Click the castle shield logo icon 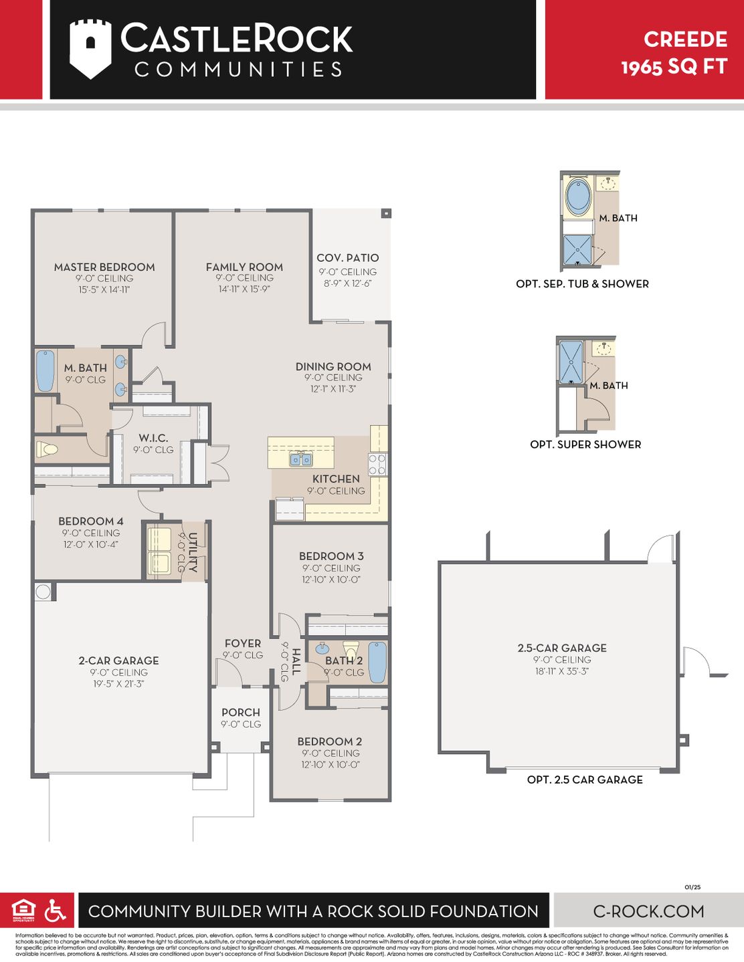(x=90, y=49)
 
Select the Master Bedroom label (x=104, y=267)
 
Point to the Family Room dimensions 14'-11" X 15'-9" (x=244, y=289)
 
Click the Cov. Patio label (x=347, y=258)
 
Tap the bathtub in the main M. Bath (x=45, y=371)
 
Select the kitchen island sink (x=300, y=459)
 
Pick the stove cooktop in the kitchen (x=377, y=464)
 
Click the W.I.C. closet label (x=153, y=438)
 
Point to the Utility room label (x=193, y=552)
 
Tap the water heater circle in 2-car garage (x=43, y=592)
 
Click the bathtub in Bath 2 (x=377, y=662)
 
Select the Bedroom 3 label (x=331, y=556)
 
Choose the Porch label (x=241, y=713)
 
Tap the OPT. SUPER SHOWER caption (x=585, y=445)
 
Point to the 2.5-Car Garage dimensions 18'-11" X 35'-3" (x=562, y=671)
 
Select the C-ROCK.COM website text (x=648, y=911)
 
